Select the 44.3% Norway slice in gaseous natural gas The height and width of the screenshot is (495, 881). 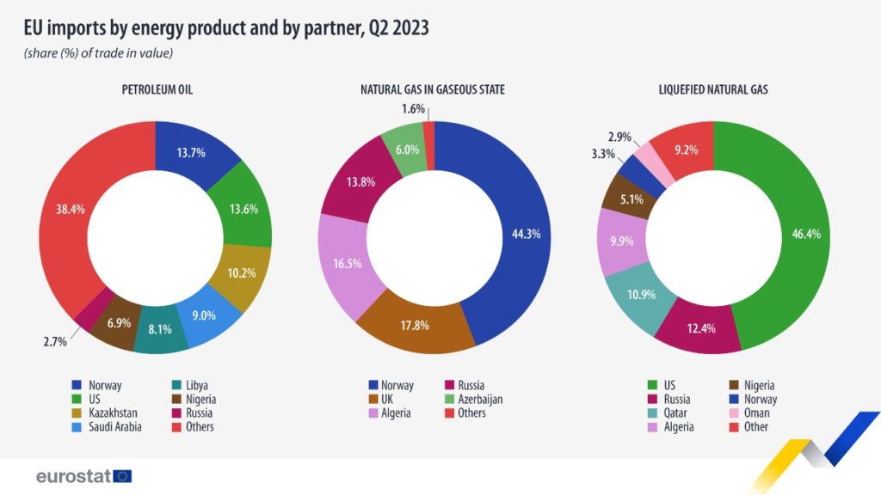click(521, 234)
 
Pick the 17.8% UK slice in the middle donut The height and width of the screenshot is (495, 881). click(415, 326)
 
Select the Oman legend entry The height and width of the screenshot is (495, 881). click(754, 413)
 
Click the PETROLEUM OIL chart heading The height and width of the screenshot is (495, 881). click(155, 89)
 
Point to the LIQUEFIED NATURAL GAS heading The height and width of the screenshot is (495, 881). click(714, 89)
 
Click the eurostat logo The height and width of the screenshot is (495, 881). click(83, 475)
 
